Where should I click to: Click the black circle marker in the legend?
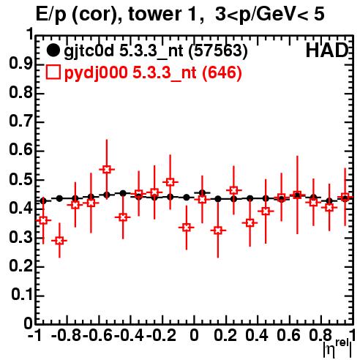[53, 50]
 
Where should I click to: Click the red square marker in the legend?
[53, 72]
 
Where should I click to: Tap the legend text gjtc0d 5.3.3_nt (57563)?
[156, 51]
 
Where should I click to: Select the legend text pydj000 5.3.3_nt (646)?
[153, 73]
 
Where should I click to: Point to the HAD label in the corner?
[327, 50]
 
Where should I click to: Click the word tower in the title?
[162, 15]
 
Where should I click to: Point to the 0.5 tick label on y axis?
[21, 180]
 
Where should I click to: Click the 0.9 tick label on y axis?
[21, 64]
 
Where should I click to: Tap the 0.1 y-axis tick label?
[23, 295]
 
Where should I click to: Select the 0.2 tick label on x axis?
[225, 335]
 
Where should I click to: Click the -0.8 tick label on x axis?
[67, 335]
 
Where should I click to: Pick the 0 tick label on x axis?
[194, 335]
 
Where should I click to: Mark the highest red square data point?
[107, 169]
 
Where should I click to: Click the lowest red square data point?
[59, 241]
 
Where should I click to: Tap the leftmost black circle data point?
[43, 201]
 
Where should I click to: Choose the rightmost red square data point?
[345, 198]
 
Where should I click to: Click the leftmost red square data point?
[43, 220]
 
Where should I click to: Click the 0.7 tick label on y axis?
[21, 122]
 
